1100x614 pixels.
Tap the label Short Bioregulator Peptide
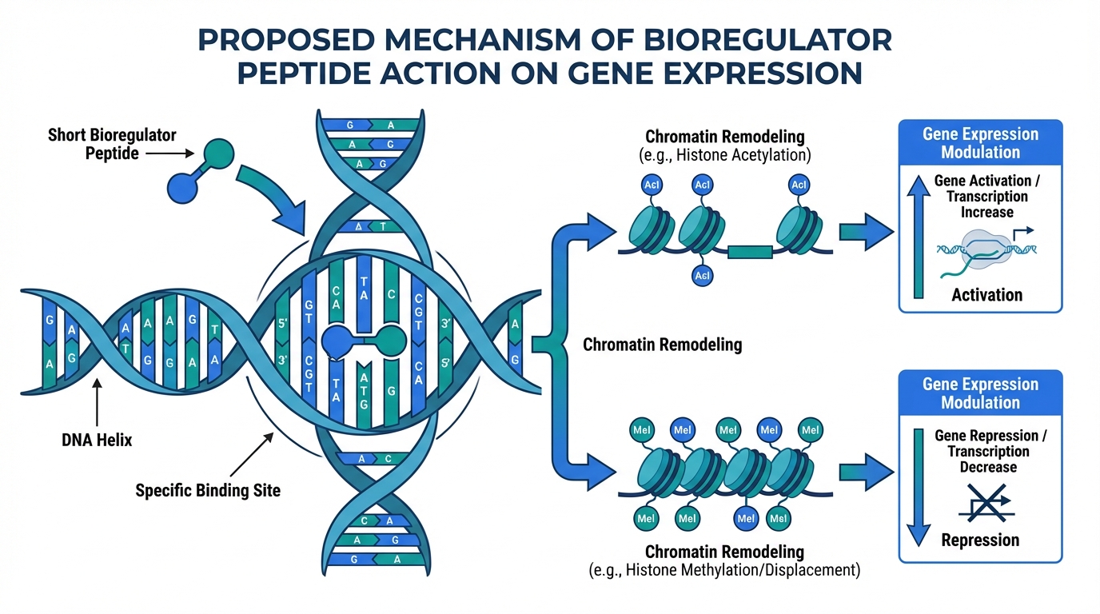pyautogui.click(x=112, y=143)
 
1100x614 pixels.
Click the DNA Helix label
pyautogui.click(x=96, y=439)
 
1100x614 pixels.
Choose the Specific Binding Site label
pyautogui.click(x=208, y=489)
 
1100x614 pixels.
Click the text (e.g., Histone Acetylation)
pyautogui.click(x=724, y=155)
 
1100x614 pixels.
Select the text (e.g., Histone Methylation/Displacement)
pyautogui.click(x=724, y=571)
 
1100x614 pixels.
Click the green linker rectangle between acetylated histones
pyautogui.click(x=751, y=252)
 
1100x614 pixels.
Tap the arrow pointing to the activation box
pyautogui.click(x=866, y=233)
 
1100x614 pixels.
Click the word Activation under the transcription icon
pyautogui.click(x=986, y=295)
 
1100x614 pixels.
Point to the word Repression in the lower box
pyautogui.click(x=980, y=540)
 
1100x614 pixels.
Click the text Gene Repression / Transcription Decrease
pyautogui.click(x=990, y=452)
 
